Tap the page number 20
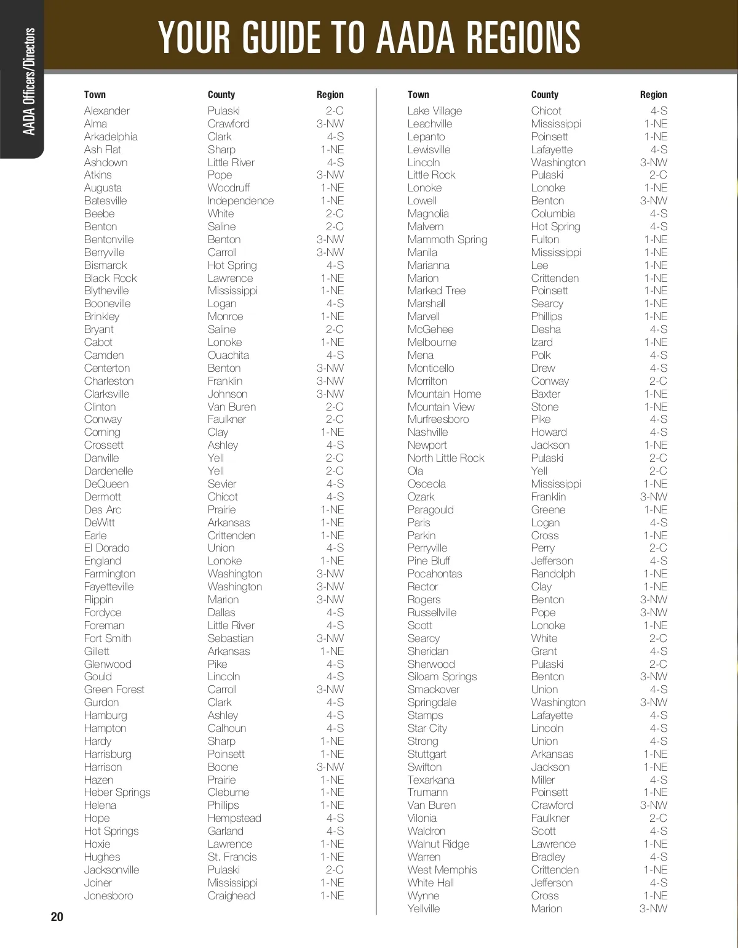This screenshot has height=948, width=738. pyautogui.click(x=57, y=917)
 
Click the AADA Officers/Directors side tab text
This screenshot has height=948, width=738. pyautogui.click(x=29, y=81)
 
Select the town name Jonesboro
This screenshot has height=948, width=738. pyautogui.click(x=108, y=896)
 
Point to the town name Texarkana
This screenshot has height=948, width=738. pyautogui.click(x=430, y=780)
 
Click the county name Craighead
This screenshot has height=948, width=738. pyautogui.click(x=231, y=896)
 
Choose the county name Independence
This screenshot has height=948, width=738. pyautogui.click(x=240, y=201)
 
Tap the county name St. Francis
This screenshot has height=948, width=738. pyautogui.click(x=232, y=857)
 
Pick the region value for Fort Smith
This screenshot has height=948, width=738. pyautogui.click(x=330, y=638)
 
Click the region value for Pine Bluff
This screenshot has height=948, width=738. pyautogui.click(x=658, y=561)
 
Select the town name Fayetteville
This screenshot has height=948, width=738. pyautogui.click(x=108, y=587)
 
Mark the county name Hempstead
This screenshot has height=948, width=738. pyautogui.click(x=234, y=818)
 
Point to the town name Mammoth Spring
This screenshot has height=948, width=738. pyautogui.click(x=447, y=239)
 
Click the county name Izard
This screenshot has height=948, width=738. pyautogui.click(x=542, y=342)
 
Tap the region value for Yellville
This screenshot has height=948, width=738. pyautogui.click(x=653, y=909)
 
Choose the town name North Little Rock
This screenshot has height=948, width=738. pyautogui.click(x=445, y=458)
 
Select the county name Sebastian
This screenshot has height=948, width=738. pyautogui.click(x=231, y=638)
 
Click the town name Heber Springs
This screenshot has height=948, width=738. pyautogui.click(x=117, y=792)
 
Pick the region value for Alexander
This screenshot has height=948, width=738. pyautogui.click(x=335, y=111)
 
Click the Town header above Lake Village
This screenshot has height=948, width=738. pyautogui.click(x=418, y=95)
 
